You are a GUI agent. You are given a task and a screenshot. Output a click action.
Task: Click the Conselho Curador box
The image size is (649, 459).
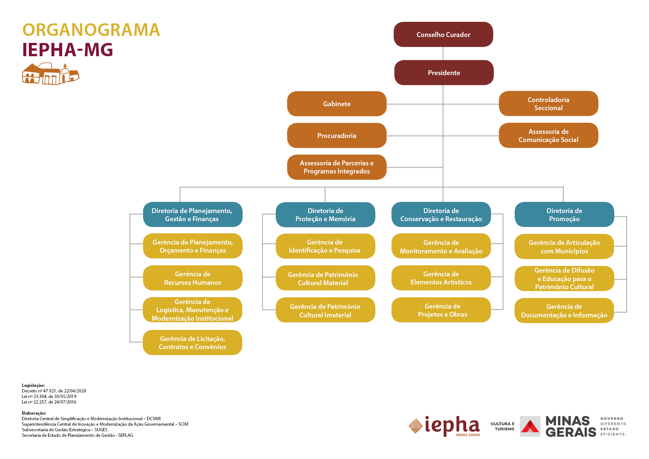point(443,34)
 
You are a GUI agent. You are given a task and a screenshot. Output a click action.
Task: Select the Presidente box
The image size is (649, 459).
point(444,72)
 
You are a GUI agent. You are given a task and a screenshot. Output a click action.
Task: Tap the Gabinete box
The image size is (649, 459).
point(337,104)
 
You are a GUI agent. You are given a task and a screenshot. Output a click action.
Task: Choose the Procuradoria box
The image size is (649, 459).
point(337,135)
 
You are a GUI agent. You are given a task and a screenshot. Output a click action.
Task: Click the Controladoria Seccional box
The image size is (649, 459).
point(548,104)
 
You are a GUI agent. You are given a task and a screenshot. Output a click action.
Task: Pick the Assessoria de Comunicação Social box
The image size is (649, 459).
point(548,135)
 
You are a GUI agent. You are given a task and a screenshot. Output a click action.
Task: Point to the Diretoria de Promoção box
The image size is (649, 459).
point(564,215)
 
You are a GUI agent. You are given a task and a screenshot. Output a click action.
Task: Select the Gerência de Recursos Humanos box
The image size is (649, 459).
point(192,278)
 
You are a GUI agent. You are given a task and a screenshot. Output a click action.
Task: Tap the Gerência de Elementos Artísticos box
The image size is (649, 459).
point(441,278)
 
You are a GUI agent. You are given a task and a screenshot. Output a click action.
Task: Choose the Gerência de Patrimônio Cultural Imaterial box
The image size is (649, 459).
point(325,310)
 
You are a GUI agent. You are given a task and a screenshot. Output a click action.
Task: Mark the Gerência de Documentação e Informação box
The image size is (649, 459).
point(564,310)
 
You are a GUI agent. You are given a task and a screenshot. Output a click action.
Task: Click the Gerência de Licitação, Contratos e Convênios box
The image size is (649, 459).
point(192,342)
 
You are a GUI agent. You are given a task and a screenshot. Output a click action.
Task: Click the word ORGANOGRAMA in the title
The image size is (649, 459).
point(91,30)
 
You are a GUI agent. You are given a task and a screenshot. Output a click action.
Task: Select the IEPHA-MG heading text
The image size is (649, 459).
point(68,50)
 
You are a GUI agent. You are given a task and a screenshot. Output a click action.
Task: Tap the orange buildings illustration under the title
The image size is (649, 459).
point(51,74)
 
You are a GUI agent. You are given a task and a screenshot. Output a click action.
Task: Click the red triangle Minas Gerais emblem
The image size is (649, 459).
point(530,426)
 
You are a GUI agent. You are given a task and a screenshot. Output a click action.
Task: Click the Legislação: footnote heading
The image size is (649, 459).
point(33,385)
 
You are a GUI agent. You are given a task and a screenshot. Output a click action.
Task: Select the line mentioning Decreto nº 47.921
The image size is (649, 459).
point(54,391)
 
